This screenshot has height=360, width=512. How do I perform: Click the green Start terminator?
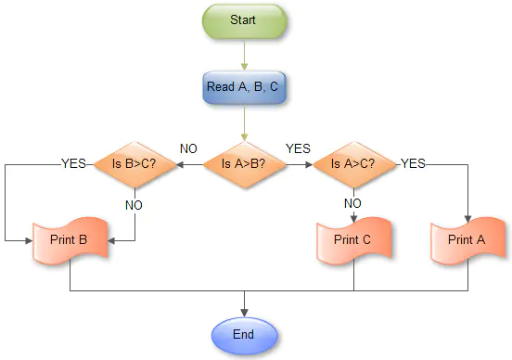tap(244, 19)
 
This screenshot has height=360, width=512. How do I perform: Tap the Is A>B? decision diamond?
tap(244, 164)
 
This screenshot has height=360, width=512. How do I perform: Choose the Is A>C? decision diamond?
tap(353, 164)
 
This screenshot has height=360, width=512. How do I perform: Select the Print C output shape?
tap(353, 239)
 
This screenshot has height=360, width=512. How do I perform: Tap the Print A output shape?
tap(467, 239)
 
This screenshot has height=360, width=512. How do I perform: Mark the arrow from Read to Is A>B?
tap(244, 122)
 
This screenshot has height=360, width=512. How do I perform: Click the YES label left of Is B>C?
tap(73, 162)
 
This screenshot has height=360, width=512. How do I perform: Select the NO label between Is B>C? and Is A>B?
tap(188, 148)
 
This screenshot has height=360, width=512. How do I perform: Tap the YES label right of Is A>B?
tap(298, 148)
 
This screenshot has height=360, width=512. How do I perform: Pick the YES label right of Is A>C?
tap(413, 162)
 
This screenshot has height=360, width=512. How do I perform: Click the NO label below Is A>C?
tap(353, 202)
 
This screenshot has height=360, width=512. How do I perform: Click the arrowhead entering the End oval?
tap(244, 312)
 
